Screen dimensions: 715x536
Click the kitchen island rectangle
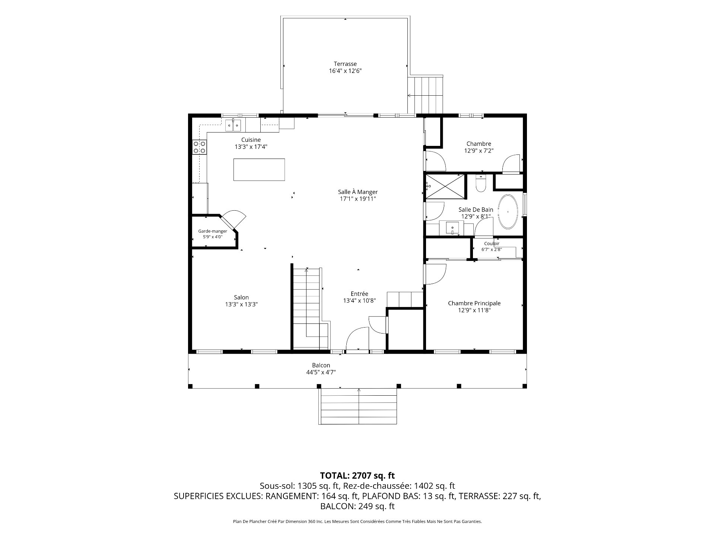[x=259, y=170]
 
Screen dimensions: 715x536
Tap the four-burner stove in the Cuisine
[x=199, y=147]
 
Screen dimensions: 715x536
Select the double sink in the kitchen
[x=233, y=125]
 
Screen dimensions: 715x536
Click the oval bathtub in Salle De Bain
[x=508, y=211]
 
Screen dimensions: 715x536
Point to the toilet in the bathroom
[x=481, y=184]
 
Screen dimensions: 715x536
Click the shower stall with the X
[x=445, y=186]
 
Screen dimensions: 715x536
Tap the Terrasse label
[x=345, y=64]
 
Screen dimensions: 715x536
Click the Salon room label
[x=241, y=297]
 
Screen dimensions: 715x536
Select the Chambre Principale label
[x=474, y=303]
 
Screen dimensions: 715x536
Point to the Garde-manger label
[x=213, y=231]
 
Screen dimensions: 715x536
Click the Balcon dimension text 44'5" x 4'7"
[x=321, y=372]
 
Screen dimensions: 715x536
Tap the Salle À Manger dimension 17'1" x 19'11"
[x=357, y=199]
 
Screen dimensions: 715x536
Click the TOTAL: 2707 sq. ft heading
[x=357, y=475]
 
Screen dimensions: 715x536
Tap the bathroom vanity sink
[x=452, y=227]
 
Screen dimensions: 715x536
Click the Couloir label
[x=492, y=244]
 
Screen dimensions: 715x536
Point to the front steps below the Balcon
[x=358, y=406]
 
